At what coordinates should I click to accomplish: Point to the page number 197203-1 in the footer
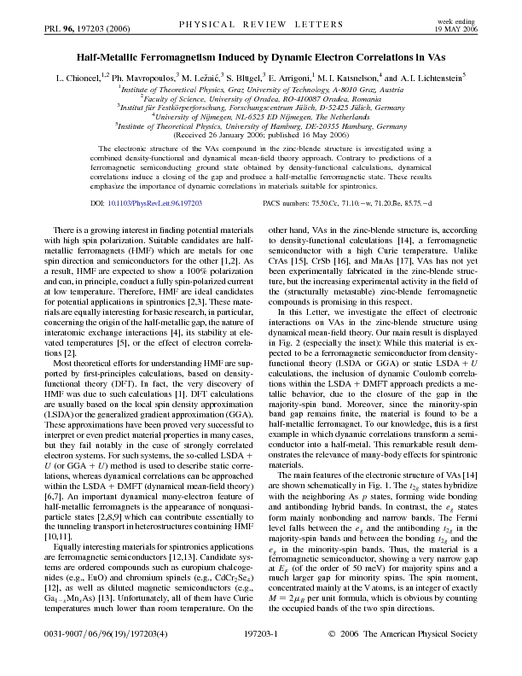pos(261,659)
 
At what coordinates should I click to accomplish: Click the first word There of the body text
pos(65,207)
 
